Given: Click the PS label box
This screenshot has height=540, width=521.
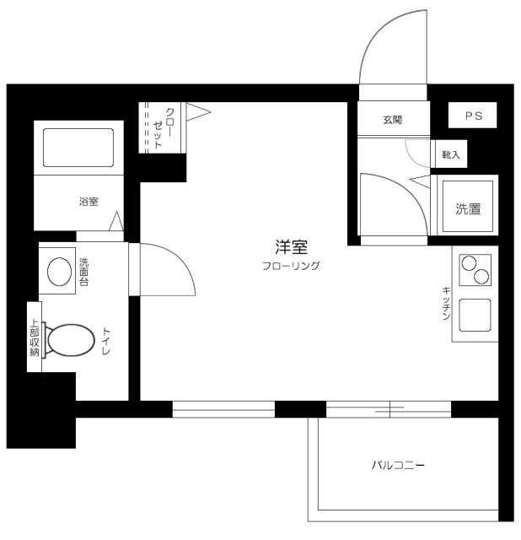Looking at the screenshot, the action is (x=472, y=115).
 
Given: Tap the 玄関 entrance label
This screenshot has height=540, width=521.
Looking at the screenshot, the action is (x=392, y=120).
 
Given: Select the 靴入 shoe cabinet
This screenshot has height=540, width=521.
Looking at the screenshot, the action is (x=450, y=154).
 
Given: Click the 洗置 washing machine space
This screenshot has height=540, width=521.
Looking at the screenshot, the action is (x=467, y=206).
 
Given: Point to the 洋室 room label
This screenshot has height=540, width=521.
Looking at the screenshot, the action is (x=291, y=246).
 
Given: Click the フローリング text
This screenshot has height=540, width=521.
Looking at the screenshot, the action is (x=291, y=266).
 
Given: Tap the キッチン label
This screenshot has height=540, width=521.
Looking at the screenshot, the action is (x=446, y=304).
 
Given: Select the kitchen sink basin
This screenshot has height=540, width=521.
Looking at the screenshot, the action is (x=475, y=315).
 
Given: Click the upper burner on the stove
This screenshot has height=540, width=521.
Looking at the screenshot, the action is (x=469, y=264).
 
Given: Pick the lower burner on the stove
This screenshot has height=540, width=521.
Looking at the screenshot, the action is (x=481, y=277).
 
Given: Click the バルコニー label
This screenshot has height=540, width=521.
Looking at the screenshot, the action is (x=398, y=465).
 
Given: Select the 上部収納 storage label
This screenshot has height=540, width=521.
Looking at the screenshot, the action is (x=35, y=337).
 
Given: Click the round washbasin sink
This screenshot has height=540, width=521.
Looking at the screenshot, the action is (x=59, y=272).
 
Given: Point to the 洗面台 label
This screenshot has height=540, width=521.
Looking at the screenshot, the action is (x=83, y=272).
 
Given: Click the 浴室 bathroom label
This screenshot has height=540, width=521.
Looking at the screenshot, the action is (x=89, y=202).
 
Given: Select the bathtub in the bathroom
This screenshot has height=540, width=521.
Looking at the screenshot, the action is (x=78, y=148).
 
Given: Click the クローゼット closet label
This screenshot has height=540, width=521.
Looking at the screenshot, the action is (x=164, y=127).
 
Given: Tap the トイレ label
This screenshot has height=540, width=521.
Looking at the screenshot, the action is (x=106, y=341).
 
